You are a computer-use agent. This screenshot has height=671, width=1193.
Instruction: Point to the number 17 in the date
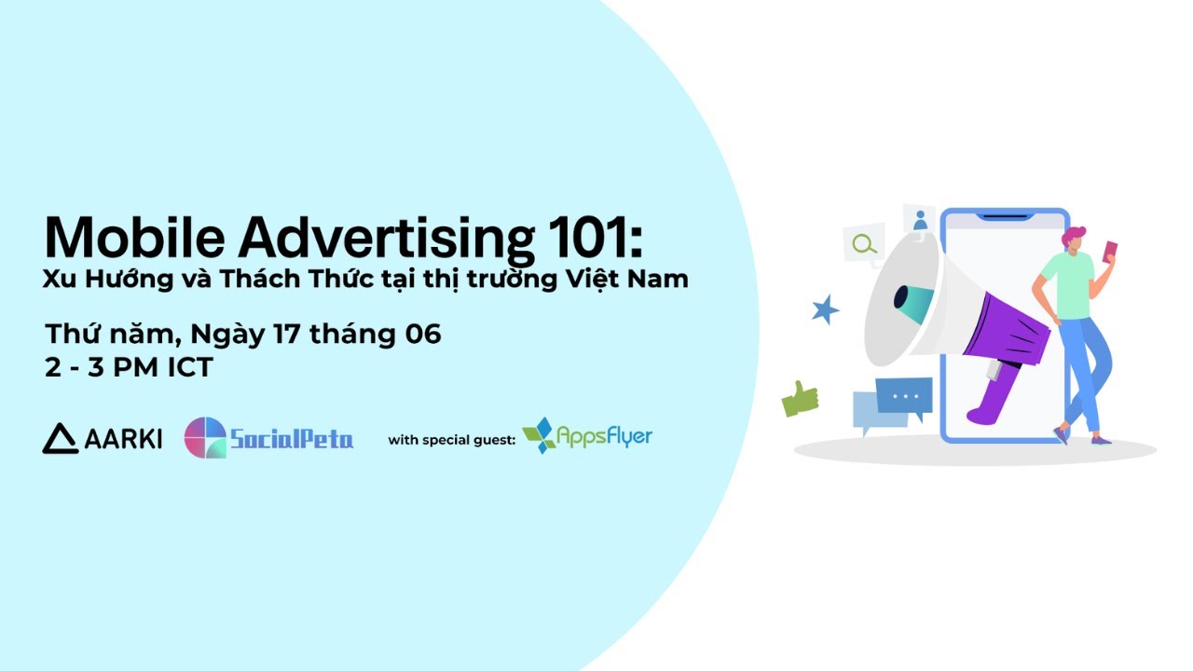295,334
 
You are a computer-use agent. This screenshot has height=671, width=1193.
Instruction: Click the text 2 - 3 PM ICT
129,367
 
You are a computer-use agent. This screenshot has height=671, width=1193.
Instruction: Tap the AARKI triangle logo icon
61,438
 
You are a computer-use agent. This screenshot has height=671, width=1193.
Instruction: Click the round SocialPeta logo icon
205,438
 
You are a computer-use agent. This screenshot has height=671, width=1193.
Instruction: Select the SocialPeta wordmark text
292,439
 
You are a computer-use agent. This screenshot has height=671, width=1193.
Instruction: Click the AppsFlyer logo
587,435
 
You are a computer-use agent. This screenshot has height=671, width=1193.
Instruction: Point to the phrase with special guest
451,440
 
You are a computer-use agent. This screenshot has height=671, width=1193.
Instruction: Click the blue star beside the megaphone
825,309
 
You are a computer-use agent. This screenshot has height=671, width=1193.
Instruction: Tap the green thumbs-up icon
799,399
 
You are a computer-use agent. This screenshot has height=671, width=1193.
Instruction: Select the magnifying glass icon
864,244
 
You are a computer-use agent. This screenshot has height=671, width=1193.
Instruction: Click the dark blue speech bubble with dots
904,396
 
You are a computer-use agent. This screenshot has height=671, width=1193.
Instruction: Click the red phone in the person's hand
1110,250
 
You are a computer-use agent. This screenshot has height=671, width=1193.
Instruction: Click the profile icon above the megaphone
920,221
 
